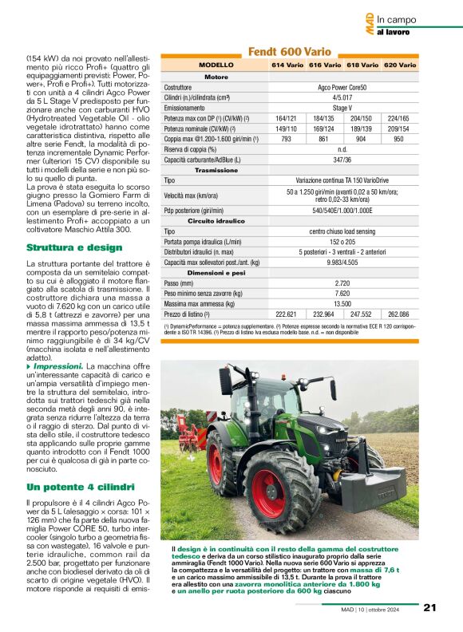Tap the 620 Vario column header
400,65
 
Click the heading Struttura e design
74,247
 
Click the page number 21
429,607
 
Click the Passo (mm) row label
180,283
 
